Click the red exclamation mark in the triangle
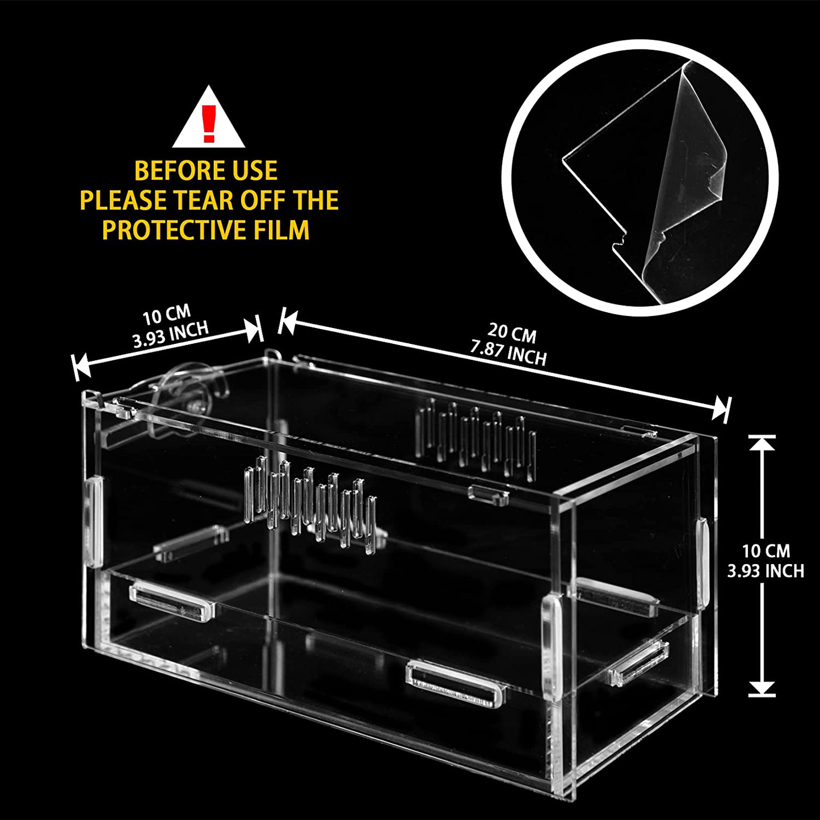point(208,124)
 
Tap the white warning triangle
point(208,123)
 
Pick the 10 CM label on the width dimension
point(167,316)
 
